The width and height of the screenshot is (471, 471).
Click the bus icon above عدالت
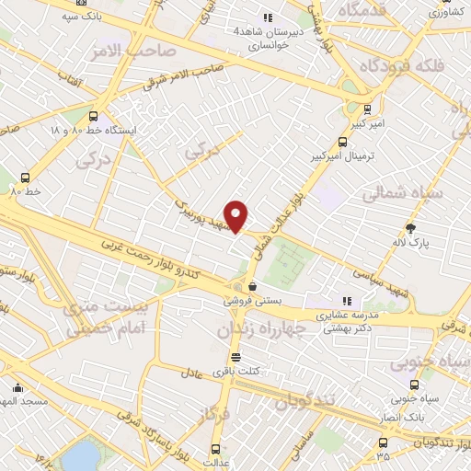[216, 449]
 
